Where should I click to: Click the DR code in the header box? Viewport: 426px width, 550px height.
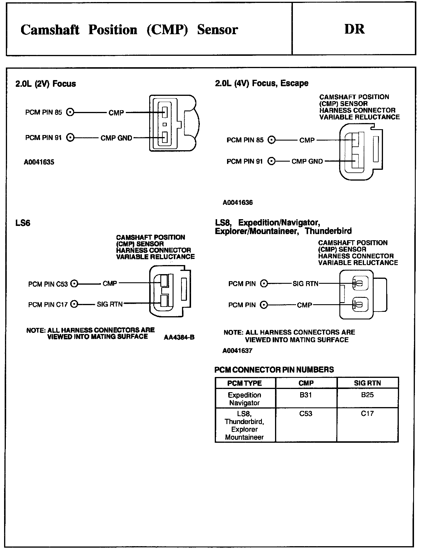354,29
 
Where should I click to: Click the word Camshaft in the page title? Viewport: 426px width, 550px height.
50,30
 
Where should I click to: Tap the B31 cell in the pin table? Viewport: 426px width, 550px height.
306,395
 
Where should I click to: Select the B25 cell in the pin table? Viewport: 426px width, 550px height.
367,395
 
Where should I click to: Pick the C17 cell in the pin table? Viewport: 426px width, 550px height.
367,414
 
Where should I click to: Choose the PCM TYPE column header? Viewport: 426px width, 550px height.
245,383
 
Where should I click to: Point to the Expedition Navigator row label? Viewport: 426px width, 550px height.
245,399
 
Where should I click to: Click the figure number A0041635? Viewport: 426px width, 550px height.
39,162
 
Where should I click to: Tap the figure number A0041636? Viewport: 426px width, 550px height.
238,203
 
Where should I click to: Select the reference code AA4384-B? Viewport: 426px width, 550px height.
179,338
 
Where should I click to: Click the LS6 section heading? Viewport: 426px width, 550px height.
23,223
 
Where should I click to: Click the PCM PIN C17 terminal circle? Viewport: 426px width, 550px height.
75,304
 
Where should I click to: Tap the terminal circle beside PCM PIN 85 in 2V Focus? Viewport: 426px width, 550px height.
70,112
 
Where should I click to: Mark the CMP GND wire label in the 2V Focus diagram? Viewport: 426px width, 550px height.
116,138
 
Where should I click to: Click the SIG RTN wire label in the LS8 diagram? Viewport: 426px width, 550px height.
305,283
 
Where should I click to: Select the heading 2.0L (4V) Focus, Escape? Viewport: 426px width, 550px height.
262,83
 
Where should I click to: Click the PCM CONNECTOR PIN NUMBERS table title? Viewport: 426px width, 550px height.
274,370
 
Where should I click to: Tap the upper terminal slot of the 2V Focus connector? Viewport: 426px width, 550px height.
165,112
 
